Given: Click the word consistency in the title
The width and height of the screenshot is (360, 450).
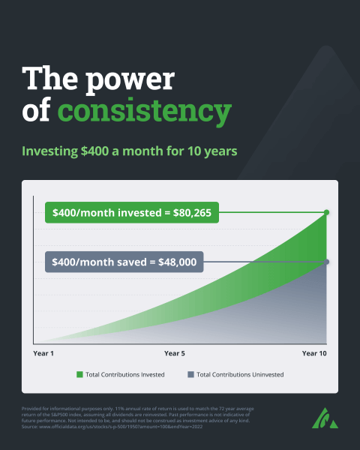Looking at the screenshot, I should point(144,111).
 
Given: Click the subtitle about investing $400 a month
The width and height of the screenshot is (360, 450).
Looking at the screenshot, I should point(130,151).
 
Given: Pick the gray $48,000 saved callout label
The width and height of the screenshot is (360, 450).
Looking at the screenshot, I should point(124,262).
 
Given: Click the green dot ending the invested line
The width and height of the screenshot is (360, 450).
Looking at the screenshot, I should point(327,212).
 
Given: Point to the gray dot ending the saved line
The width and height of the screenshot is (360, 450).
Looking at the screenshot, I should point(327,261).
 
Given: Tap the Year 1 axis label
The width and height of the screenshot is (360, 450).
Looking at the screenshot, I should point(44,352).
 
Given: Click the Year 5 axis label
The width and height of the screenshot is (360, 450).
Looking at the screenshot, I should point(174,352).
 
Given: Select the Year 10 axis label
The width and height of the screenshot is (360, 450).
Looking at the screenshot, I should point(314,352).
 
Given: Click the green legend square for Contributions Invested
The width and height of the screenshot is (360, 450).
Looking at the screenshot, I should point(79,373).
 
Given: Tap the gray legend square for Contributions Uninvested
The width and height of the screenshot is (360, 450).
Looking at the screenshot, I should point(190,373).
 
